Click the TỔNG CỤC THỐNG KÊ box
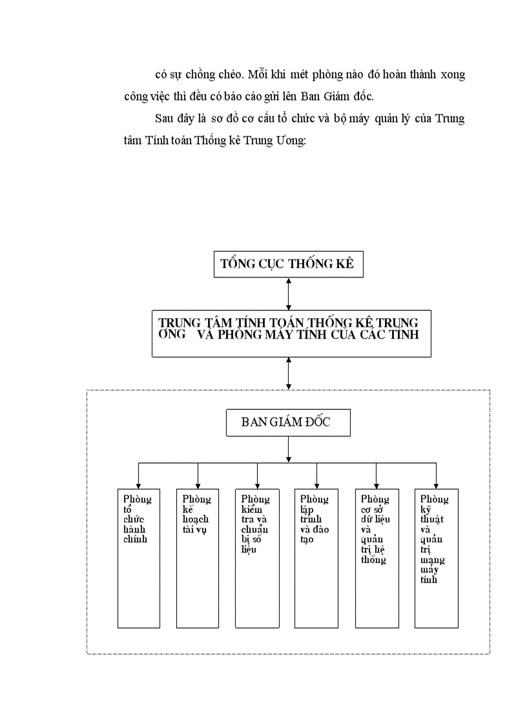click(x=288, y=264)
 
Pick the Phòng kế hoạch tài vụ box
click(x=198, y=558)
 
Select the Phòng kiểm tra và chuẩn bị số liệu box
click(x=257, y=558)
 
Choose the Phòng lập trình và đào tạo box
click(x=316, y=558)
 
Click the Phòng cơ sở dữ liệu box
click(x=377, y=558)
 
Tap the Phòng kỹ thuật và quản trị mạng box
click(x=437, y=558)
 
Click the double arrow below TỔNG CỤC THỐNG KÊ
click(x=288, y=294)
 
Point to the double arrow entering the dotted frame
click(x=288, y=373)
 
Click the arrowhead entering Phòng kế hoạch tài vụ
click(x=198, y=485)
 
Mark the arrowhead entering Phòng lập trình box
click(x=316, y=485)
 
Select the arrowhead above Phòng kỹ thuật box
click(x=437, y=485)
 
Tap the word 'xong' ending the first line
click(x=453, y=75)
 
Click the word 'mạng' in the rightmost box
click(x=432, y=561)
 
